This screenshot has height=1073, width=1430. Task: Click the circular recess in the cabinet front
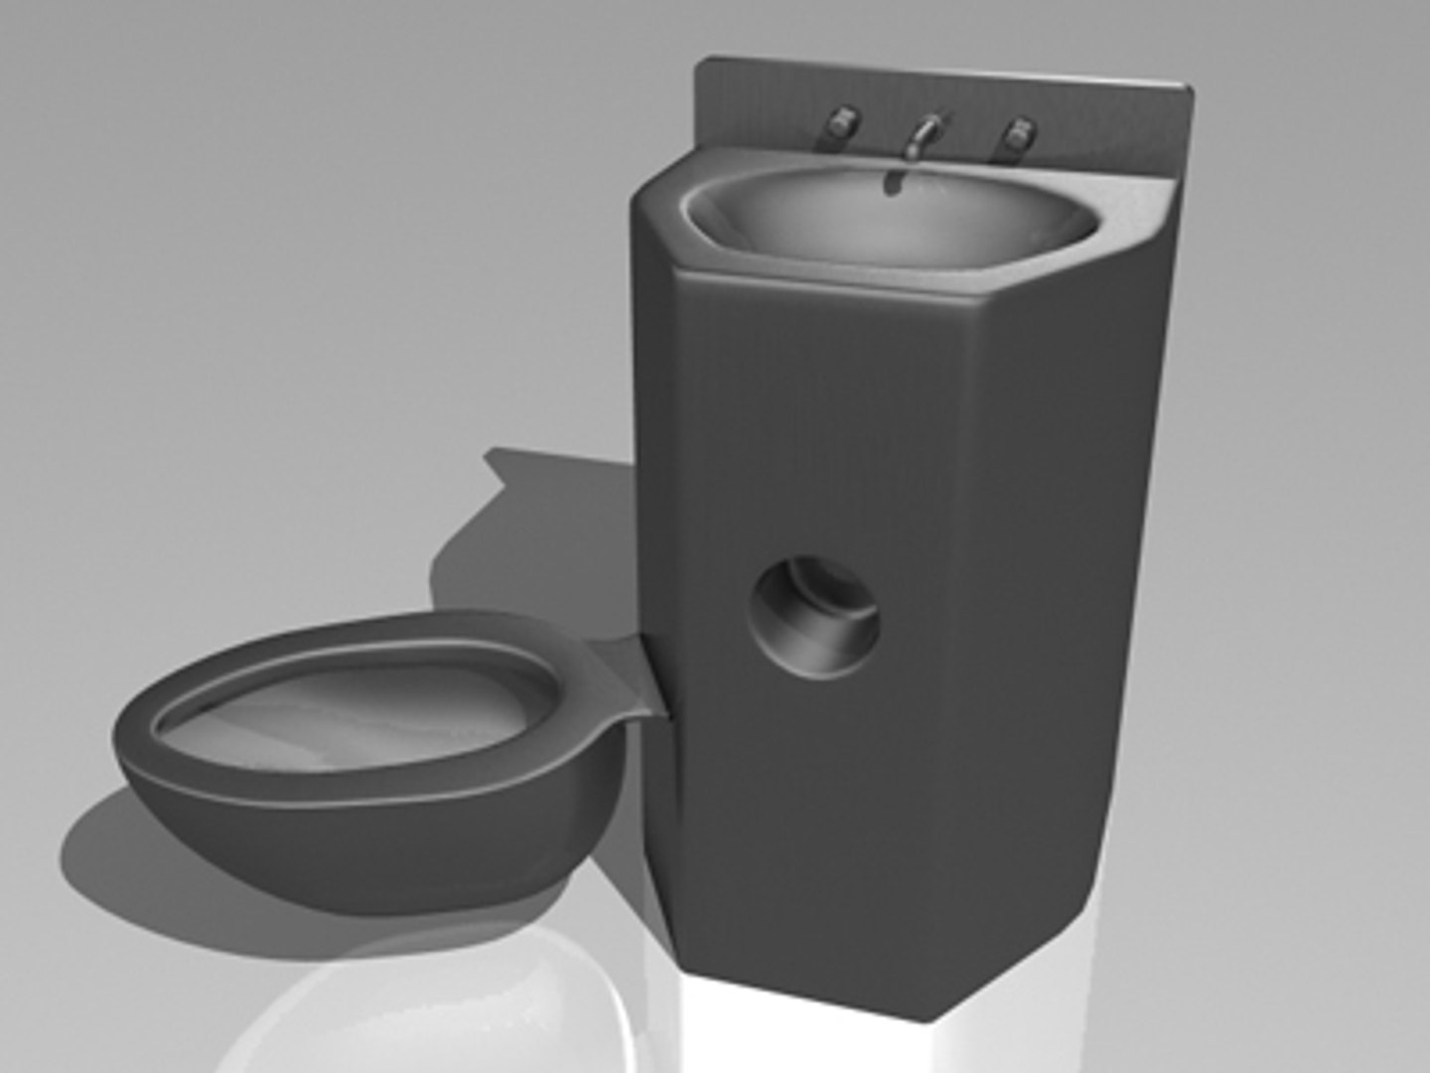click(x=814, y=617)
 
